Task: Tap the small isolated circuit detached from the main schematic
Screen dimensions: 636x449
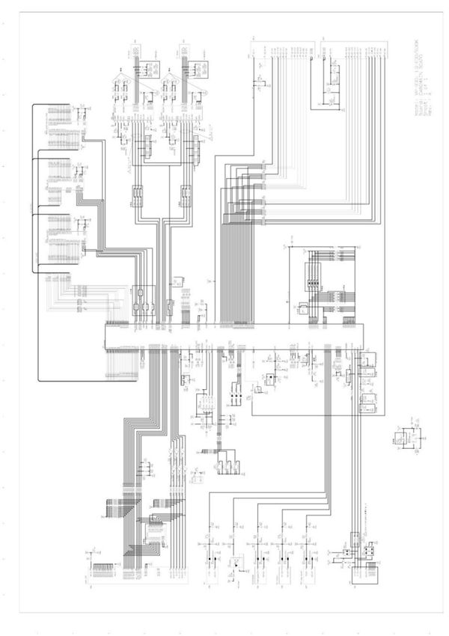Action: coord(406,438)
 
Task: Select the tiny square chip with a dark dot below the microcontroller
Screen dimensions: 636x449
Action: coord(257,389)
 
